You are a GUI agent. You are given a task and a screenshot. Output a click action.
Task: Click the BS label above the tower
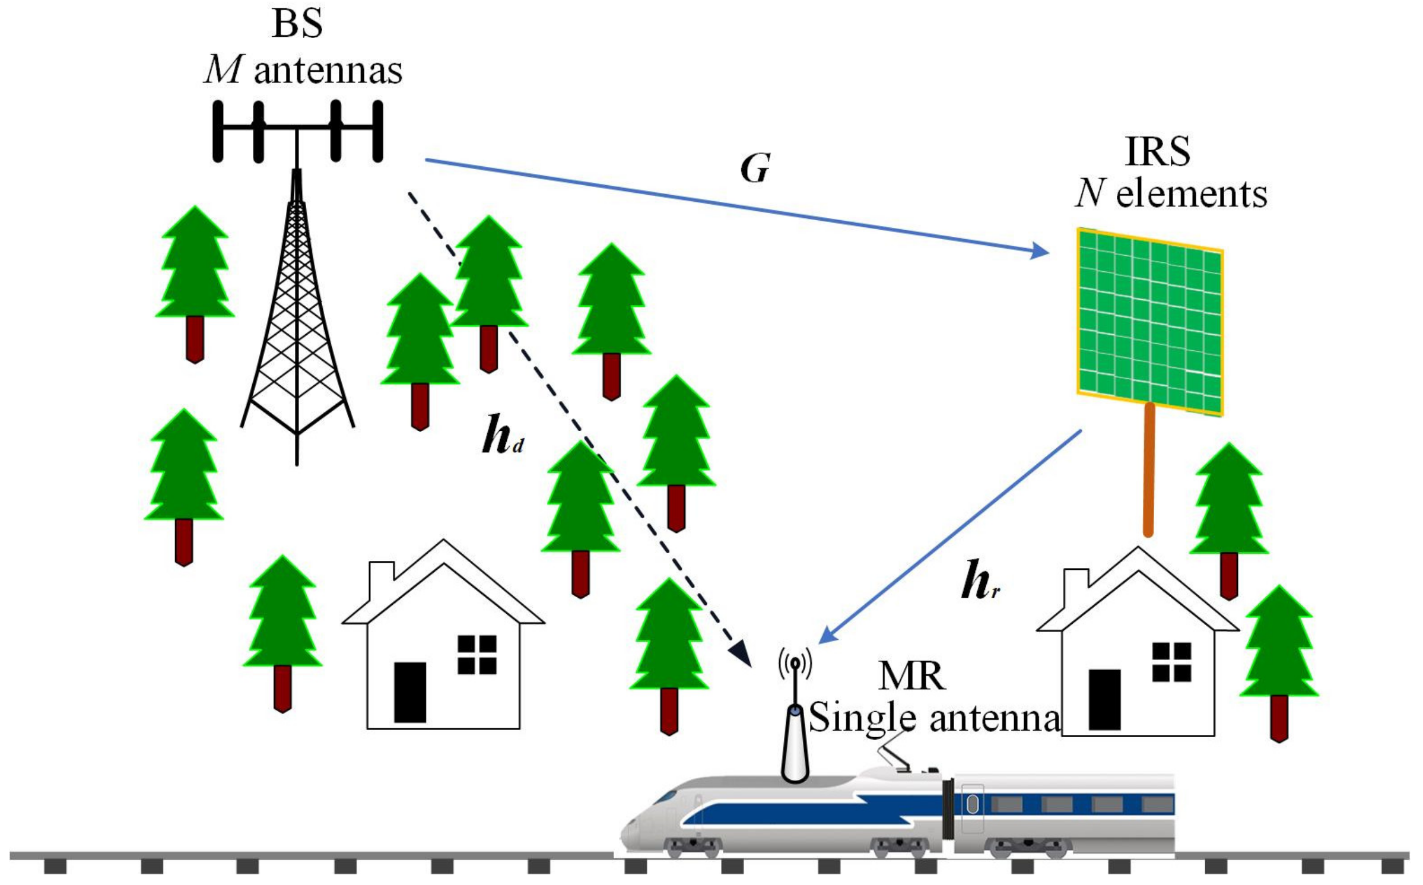297,25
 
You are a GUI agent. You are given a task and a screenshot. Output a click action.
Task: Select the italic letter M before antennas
223,71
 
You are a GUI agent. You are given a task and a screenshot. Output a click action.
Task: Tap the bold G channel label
755,169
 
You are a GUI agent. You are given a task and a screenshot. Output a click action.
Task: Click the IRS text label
1157,152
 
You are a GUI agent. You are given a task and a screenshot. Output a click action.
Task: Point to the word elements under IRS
1191,195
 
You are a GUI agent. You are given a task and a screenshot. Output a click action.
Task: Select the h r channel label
979,581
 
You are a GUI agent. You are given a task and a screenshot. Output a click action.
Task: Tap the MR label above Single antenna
912,676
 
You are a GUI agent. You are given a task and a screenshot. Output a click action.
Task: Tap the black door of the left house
410,693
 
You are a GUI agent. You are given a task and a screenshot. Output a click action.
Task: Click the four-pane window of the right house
1171,662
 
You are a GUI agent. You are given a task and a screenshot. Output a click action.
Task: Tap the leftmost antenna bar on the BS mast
218,131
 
